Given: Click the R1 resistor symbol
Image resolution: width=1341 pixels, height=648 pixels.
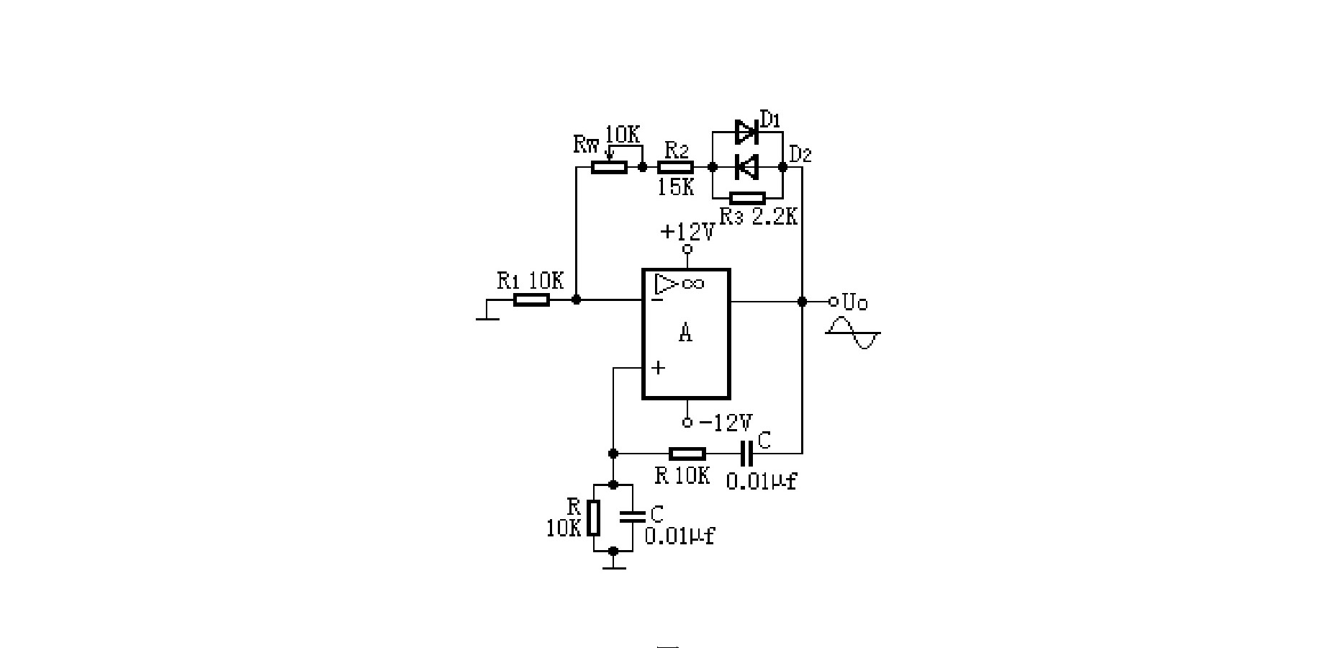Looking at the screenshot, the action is click(x=531, y=300).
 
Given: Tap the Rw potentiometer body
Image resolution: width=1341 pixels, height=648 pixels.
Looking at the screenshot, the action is click(x=609, y=167).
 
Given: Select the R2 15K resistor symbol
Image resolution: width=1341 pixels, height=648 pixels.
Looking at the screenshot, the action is click(x=676, y=167).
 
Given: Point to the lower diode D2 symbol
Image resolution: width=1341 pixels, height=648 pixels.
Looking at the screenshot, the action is click(x=746, y=167).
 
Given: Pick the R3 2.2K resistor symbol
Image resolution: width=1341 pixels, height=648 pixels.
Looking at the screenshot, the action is click(x=747, y=197).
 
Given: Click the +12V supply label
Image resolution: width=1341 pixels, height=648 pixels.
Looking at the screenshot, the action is click(x=687, y=231).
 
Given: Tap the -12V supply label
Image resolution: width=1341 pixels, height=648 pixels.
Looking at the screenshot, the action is click(x=726, y=422).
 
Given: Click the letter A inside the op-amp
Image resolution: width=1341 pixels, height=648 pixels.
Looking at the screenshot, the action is click(x=686, y=333).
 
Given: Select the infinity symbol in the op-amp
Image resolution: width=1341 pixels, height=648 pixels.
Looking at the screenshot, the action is click(x=692, y=283).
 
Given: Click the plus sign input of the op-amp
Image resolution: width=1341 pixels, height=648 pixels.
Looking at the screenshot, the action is click(x=658, y=368).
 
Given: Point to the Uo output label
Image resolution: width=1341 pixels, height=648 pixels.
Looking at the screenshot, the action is click(x=855, y=302).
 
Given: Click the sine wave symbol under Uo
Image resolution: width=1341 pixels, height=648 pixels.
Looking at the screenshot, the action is click(x=853, y=335).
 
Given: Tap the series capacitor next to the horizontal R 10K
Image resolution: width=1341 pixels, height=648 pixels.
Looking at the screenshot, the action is click(x=746, y=453).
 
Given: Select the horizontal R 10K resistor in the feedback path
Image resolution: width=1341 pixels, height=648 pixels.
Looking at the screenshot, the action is click(x=687, y=453).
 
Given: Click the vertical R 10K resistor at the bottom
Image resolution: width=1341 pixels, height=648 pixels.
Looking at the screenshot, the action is click(x=593, y=518).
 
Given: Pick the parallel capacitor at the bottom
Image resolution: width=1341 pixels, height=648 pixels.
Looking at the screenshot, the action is click(x=633, y=516).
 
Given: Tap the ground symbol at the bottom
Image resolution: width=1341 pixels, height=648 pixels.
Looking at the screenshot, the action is click(x=613, y=562).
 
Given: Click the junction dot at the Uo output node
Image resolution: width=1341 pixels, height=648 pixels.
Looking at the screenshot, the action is click(x=803, y=301).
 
